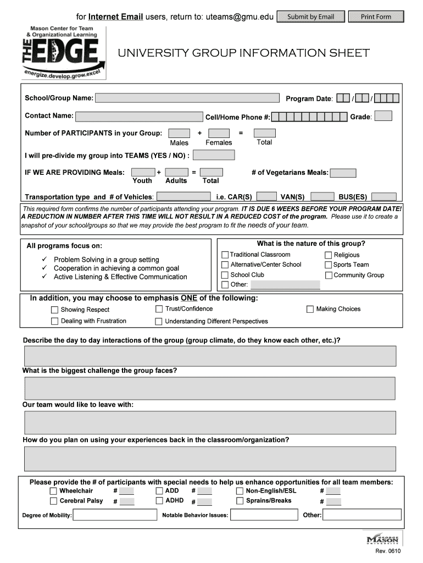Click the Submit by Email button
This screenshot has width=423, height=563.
point(311,16)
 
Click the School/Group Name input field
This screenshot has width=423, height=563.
point(187,98)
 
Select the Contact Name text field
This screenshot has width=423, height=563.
point(139,116)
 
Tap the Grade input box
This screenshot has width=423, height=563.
point(383,116)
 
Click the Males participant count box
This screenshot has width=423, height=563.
point(179,133)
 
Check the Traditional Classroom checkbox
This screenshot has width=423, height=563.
point(225,255)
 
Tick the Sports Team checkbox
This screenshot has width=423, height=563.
point(329,264)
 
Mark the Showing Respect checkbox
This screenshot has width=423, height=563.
point(55,310)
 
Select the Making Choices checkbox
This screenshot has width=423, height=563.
point(310,309)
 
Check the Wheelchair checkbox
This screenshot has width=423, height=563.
point(53,491)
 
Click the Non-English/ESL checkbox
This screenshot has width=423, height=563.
point(240,491)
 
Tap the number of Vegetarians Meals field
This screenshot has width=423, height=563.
point(343,173)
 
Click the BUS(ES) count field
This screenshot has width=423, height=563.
point(383,196)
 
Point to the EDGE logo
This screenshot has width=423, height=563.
point(64,52)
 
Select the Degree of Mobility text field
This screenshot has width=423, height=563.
point(115,515)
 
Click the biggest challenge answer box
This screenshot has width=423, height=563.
point(210,388)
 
